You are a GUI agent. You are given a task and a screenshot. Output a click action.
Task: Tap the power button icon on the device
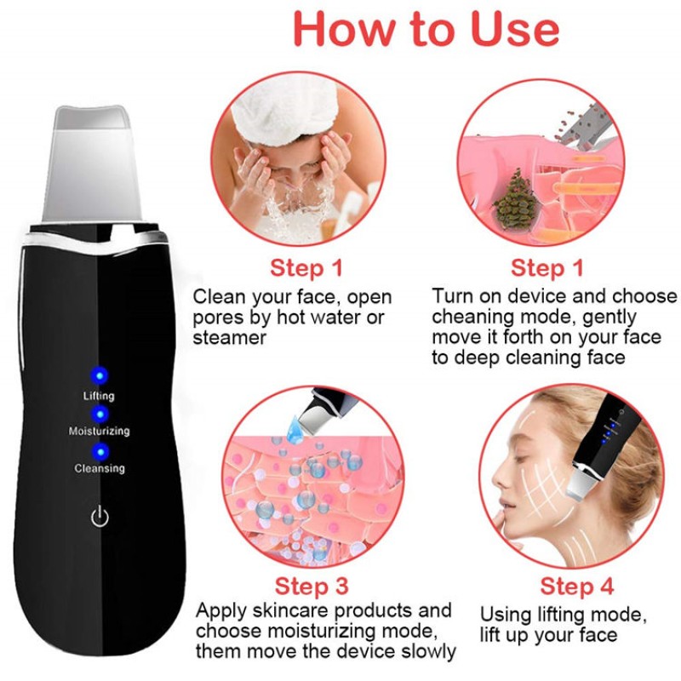(x=100, y=515)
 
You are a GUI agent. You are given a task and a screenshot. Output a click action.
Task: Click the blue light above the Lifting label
(x=99, y=375)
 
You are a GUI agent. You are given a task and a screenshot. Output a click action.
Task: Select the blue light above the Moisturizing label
(x=99, y=413)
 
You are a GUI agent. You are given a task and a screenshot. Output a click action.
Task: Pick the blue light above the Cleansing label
(x=99, y=451)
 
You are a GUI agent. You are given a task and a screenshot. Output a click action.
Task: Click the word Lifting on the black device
(x=99, y=396)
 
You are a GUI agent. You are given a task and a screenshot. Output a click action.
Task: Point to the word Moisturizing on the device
(x=99, y=432)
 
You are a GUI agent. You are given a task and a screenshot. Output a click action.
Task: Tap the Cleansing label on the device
(x=99, y=468)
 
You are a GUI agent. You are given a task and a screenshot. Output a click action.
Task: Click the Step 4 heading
(x=577, y=587)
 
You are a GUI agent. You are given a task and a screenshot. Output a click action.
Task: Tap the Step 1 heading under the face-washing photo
(x=306, y=268)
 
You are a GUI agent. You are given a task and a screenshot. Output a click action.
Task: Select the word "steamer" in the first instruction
(x=230, y=338)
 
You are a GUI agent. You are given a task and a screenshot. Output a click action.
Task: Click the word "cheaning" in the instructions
(x=474, y=318)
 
